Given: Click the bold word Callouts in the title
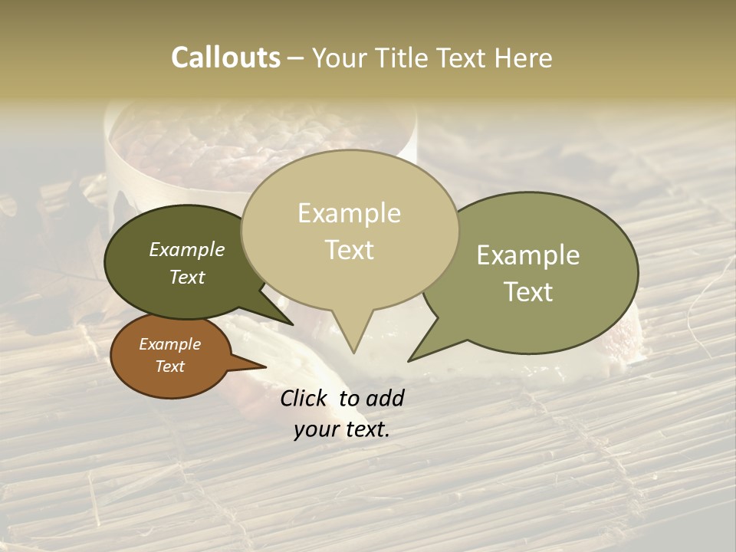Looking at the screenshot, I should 225,58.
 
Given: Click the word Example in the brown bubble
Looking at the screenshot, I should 169,344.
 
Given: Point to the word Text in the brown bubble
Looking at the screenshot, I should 169,366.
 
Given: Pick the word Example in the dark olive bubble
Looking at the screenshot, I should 186,250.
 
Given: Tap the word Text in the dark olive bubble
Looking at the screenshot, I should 186,277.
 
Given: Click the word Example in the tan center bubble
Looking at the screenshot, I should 349,213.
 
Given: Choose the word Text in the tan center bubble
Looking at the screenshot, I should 349,250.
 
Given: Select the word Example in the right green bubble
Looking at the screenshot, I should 528,255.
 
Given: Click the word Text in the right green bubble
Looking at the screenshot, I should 528,292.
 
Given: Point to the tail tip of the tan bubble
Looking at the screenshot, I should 353,353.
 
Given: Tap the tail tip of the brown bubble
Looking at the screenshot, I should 266,366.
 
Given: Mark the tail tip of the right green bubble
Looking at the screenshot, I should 409,361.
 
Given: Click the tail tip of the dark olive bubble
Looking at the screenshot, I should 292,325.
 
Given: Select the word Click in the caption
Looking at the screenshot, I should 304,398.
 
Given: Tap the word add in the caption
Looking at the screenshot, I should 385,398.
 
